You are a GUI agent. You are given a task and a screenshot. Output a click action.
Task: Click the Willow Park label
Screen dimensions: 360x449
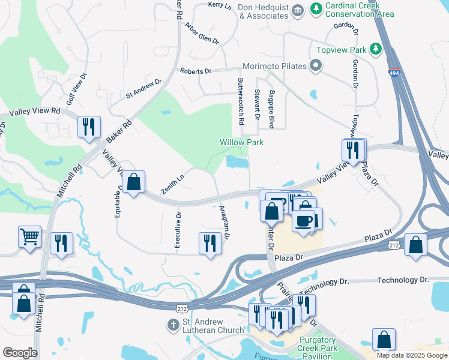tap(241, 142)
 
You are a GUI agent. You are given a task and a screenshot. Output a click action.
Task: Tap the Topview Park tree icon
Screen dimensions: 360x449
tap(376, 49)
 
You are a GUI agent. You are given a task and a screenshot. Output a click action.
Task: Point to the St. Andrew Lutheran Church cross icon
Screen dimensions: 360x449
tap(173, 325)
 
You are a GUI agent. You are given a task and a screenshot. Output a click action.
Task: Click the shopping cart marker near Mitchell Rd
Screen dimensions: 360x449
tap(29, 236)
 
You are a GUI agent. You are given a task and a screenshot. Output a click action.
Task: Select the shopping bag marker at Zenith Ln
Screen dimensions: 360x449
tap(134, 181)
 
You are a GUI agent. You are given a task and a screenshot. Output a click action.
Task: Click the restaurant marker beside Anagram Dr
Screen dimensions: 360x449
tap(209, 243)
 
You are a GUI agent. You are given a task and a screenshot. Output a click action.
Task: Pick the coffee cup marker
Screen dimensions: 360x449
tap(303, 220)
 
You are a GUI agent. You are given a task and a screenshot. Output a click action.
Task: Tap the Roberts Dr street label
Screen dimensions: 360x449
tap(196, 71)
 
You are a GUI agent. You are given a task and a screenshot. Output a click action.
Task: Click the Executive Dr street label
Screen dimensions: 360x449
tap(178, 229)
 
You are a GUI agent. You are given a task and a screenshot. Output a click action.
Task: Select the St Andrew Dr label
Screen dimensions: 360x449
tap(143, 89)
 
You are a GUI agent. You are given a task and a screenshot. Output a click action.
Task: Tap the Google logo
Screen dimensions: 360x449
tap(20, 353)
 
